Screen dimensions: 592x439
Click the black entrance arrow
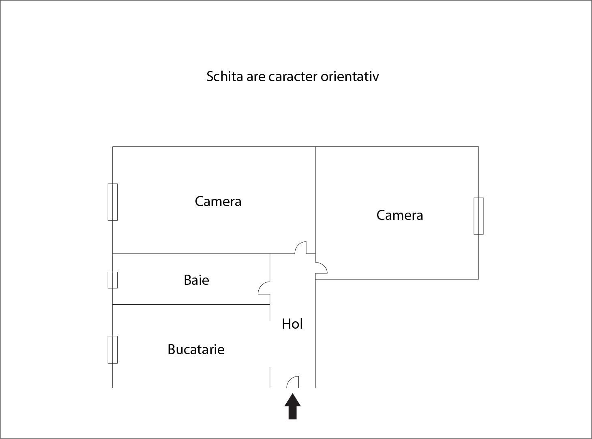[x=292, y=406]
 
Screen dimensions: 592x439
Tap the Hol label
[x=292, y=324]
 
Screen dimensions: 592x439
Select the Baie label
[x=196, y=280]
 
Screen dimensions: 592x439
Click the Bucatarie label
[x=196, y=349]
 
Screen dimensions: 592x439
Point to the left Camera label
[x=218, y=202]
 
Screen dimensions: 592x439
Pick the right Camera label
[x=399, y=215]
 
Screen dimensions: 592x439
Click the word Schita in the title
[x=225, y=76]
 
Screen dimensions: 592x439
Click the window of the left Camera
[x=113, y=202]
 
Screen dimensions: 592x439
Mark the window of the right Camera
[x=478, y=216]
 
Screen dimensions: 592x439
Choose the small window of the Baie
[x=113, y=280]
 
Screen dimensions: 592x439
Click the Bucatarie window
[x=113, y=350]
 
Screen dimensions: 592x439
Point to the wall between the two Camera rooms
[x=315, y=200]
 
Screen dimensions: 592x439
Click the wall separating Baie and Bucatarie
[x=191, y=304]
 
